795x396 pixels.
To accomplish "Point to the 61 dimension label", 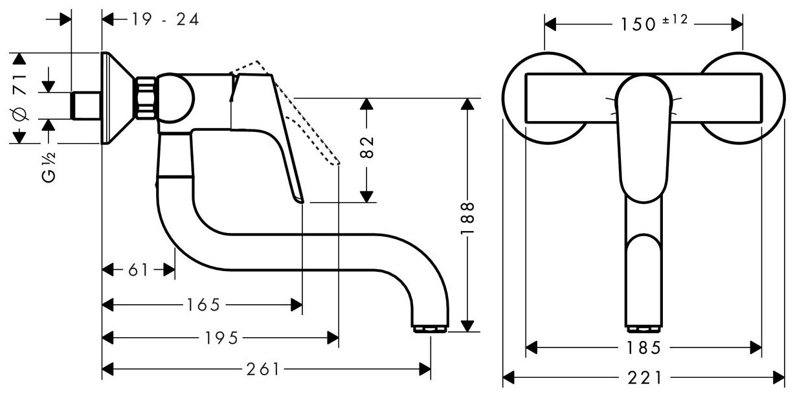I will coord(137,270).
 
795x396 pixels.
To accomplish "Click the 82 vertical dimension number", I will coord(366,148).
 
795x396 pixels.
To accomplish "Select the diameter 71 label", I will coord(19,97).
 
